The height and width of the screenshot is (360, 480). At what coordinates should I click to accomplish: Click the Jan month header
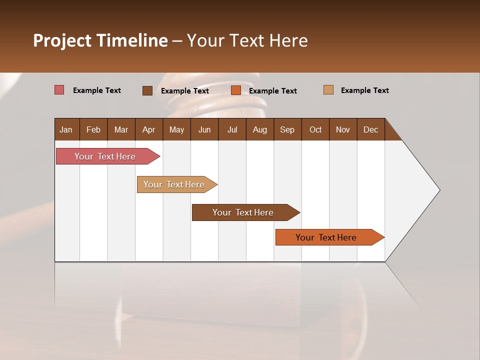[66, 129]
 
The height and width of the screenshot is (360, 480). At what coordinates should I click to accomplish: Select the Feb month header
[93, 129]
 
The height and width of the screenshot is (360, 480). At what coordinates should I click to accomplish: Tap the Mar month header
[121, 129]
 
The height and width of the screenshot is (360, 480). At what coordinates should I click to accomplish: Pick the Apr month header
[149, 129]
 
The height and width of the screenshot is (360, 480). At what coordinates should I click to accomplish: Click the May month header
[176, 129]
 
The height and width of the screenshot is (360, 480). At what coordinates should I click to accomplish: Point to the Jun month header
[204, 129]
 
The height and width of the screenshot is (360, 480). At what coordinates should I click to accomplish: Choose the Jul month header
[232, 129]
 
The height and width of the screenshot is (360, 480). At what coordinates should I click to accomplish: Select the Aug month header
[260, 129]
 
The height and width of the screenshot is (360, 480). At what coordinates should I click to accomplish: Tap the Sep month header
[287, 129]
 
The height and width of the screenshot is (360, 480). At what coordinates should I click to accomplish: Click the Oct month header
[315, 129]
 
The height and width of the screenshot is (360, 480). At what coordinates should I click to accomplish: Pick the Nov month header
[343, 129]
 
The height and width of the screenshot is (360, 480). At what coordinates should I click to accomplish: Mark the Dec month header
[371, 129]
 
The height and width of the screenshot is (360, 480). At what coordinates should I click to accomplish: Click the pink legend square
[59, 90]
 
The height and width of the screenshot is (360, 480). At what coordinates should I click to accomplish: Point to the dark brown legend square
[147, 90]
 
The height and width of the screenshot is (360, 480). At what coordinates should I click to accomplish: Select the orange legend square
[236, 90]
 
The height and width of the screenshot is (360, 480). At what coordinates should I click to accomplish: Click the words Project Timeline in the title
[100, 40]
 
